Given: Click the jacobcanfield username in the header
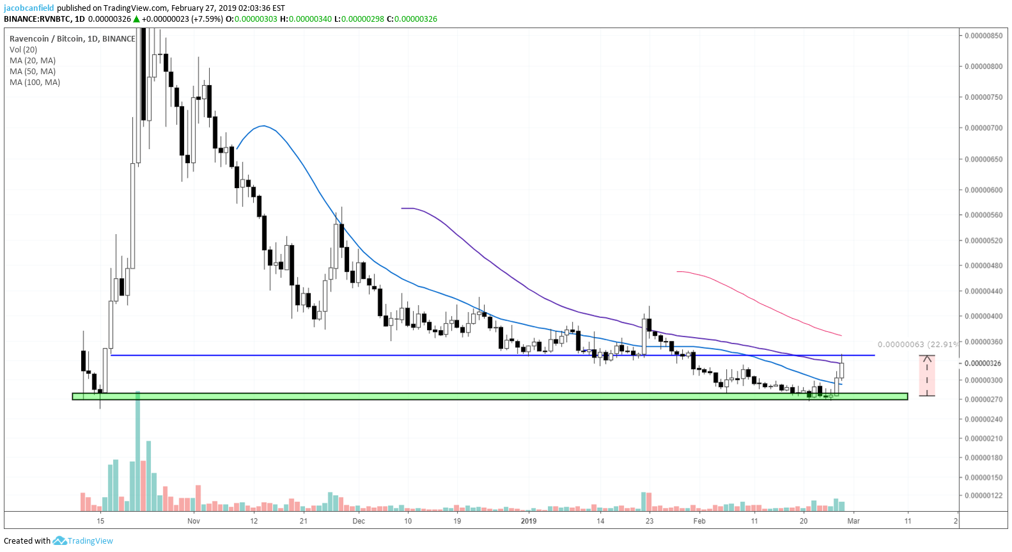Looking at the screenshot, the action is point(29,8).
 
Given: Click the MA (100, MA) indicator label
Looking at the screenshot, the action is point(35,83).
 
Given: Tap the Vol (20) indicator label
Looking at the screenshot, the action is point(24,50).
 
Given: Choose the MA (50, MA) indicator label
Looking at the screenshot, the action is point(33,72).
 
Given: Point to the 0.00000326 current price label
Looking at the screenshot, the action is point(983,363).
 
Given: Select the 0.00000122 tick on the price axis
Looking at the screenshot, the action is point(983,495).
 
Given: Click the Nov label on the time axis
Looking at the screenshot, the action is point(193,521).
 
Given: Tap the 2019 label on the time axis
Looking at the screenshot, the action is point(529,521).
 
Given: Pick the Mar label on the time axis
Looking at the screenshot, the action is point(853,521).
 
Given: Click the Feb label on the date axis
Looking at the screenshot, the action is point(699,521).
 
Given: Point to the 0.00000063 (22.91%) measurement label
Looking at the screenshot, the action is point(918,345).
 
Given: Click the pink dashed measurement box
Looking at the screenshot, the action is point(927,375).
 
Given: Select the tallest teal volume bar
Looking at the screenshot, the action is point(138,451).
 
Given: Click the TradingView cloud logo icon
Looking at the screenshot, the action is point(59,540).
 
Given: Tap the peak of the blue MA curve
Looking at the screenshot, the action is point(263,125).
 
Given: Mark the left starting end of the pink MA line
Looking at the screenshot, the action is point(677,271).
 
